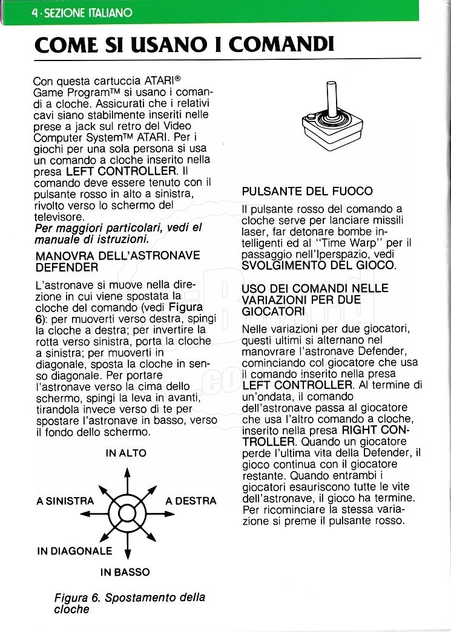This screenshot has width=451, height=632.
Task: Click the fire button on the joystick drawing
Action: tap(311, 117)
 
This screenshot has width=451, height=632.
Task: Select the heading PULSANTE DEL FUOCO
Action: tap(307, 191)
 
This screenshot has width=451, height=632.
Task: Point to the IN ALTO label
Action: tap(126, 453)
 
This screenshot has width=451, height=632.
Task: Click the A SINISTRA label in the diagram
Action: tap(65, 501)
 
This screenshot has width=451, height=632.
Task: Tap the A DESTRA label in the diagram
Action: tap(191, 501)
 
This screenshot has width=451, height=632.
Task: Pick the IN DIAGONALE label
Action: tap(74, 551)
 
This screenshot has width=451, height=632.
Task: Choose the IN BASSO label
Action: tap(125, 572)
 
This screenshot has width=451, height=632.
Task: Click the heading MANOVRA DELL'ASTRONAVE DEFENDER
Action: tap(117, 261)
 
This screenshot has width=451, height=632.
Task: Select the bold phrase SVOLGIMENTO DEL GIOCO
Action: tap(318, 266)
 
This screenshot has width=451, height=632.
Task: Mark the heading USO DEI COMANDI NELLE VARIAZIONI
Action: tap(315, 299)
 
